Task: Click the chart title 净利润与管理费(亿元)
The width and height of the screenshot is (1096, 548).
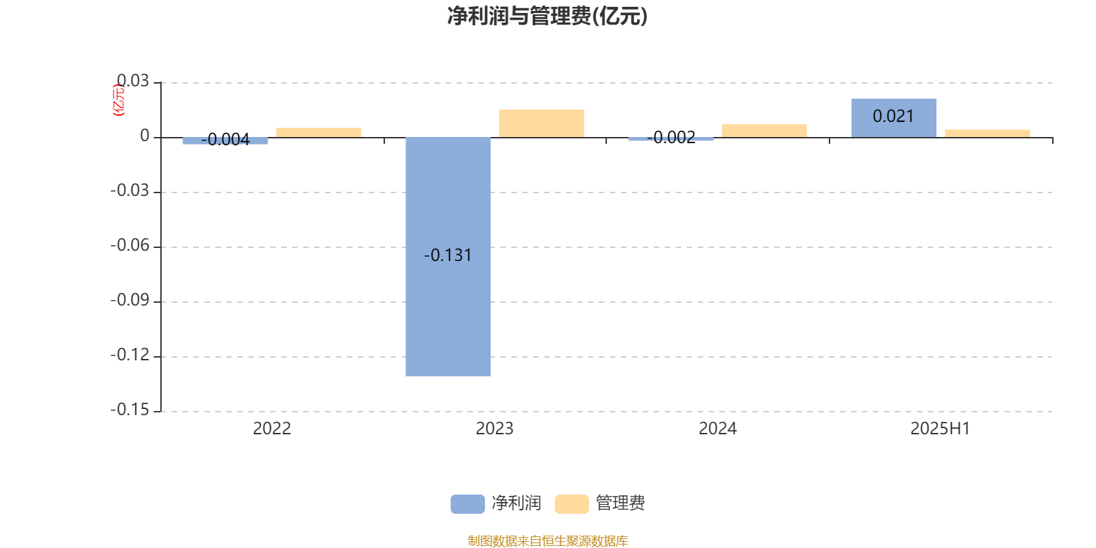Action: pyautogui.click(x=547, y=16)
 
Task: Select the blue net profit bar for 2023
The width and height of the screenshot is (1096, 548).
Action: pyautogui.click(x=448, y=256)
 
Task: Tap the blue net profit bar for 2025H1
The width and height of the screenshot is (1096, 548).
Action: pyautogui.click(x=894, y=118)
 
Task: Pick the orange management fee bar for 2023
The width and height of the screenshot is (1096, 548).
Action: pyautogui.click(x=542, y=123)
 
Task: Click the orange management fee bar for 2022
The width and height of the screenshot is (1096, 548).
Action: pyautogui.click(x=319, y=133)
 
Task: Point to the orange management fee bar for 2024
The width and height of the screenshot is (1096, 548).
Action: pyautogui.click(x=764, y=131)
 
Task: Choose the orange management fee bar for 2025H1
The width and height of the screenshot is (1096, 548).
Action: pyautogui.click(x=987, y=134)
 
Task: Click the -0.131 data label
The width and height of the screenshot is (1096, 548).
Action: pyautogui.click(x=448, y=256)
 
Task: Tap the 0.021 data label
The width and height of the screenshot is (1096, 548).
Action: pyautogui.click(x=893, y=116)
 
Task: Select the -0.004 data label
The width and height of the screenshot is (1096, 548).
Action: pyautogui.click(x=225, y=140)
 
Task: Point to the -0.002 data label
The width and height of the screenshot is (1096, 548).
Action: pyautogui.click(x=671, y=138)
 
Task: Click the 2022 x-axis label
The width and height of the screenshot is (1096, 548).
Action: pyautogui.click(x=272, y=429)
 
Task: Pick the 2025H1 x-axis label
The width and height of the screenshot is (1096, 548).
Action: pyautogui.click(x=940, y=429)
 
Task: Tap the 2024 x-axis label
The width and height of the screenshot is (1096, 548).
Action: pyautogui.click(x=718, y=429)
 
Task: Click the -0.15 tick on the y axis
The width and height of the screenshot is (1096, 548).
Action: pyautogui.click(x=129, y=410)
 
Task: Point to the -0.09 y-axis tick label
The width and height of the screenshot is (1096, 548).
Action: pyautogui.click(x=129, y=300)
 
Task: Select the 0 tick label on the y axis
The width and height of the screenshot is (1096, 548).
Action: pyautogui.click(x=145, y=136)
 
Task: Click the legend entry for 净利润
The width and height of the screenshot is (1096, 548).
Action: pyautogui.click(x=496, y=503)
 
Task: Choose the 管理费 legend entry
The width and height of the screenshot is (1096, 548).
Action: pyautogui.click(x=600, y=503)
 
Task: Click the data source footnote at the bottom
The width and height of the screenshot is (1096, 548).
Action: pyautogui.click(x=547, y=540)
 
